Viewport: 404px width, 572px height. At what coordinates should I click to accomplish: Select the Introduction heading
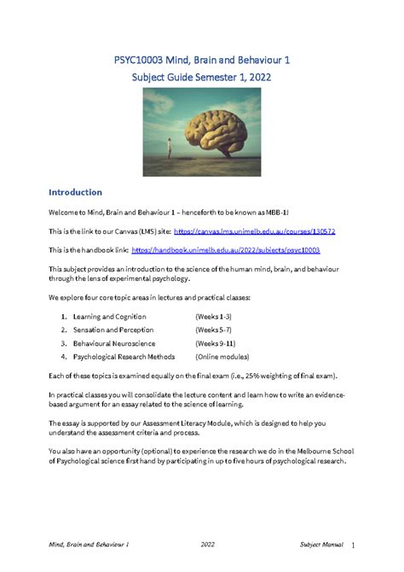[x=76, y=192]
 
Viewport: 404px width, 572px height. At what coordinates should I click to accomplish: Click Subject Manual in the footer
[x=319, y=544]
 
